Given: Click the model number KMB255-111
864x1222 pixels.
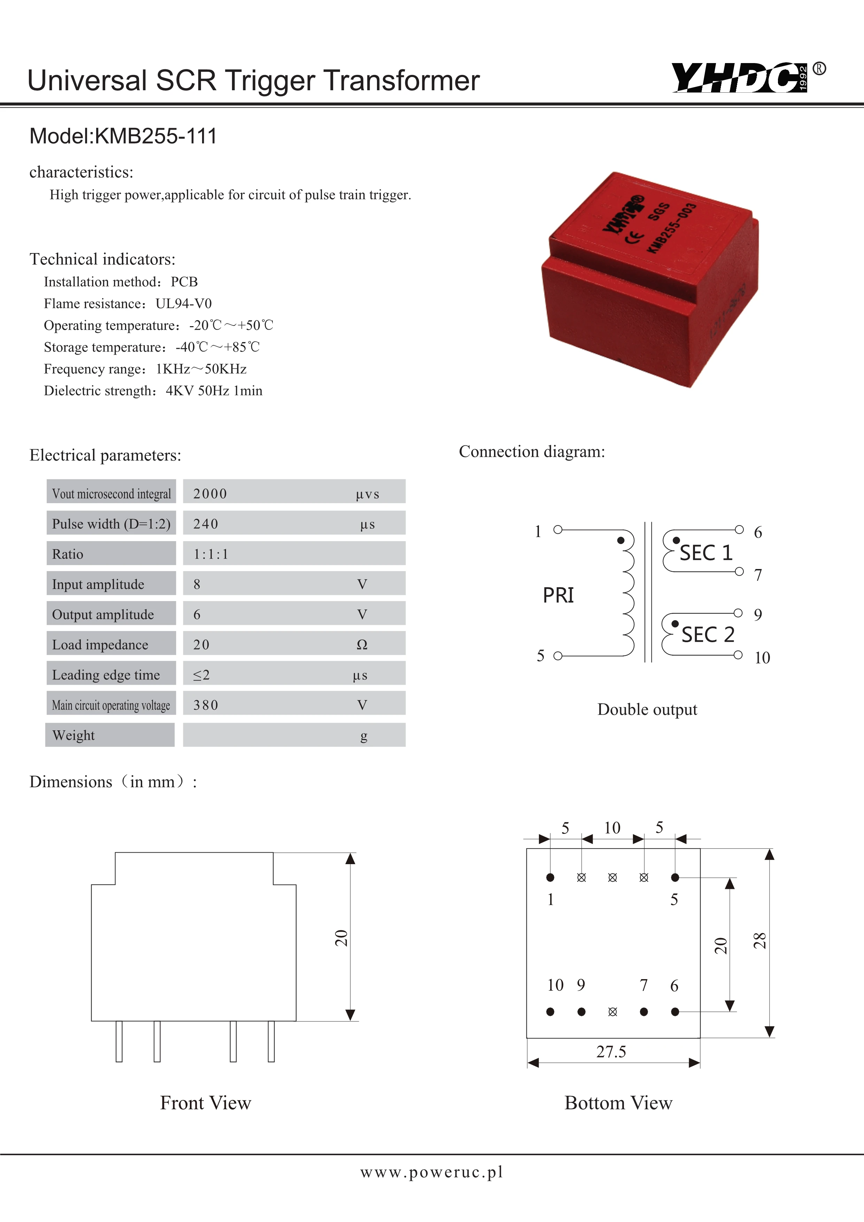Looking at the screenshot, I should point(155,136).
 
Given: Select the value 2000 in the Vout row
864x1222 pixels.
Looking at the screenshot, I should point(210,494).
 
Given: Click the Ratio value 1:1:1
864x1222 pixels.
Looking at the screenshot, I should point(211,554).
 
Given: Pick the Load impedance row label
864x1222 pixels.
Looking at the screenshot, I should point(100,645).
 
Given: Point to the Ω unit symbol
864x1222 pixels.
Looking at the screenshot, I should point(362,645).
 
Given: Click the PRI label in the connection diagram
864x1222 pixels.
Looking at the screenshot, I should point(558,595).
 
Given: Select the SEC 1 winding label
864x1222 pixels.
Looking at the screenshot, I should point(706,553).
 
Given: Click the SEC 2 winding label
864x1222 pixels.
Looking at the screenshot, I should point(708,635).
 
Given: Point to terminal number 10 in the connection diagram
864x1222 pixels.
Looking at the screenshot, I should point(762,658).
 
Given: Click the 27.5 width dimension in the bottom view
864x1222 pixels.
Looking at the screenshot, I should point(611,1052).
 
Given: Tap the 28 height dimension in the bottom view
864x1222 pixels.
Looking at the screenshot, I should point(760,941).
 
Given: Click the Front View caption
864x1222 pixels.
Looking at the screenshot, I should point(205,1103).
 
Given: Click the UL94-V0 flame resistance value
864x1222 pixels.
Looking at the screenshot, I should point(184,303).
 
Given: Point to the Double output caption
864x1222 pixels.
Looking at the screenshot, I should point(647,709).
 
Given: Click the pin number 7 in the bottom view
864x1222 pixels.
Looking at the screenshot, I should point(644,985).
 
